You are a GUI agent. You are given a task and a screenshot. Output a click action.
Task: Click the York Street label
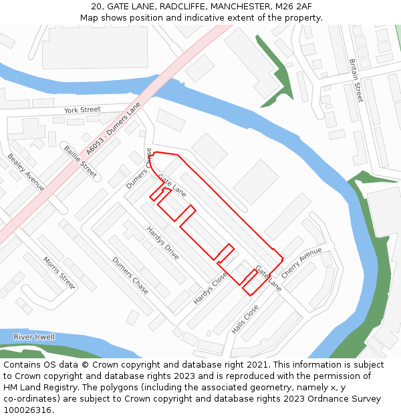click(82, 109)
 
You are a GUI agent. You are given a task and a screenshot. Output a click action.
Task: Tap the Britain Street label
click(356, 80)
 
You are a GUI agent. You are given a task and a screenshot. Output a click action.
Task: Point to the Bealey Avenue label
click(26, 172)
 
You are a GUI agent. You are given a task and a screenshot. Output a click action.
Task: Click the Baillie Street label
click(80, 161)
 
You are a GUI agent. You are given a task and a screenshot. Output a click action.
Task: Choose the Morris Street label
click(59, 272)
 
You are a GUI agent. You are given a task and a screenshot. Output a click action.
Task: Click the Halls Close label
click(245, 320)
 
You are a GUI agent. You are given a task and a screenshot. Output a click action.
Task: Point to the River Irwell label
click(34, 337)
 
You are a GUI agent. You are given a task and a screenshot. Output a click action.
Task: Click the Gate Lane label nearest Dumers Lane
click(172, 185)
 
